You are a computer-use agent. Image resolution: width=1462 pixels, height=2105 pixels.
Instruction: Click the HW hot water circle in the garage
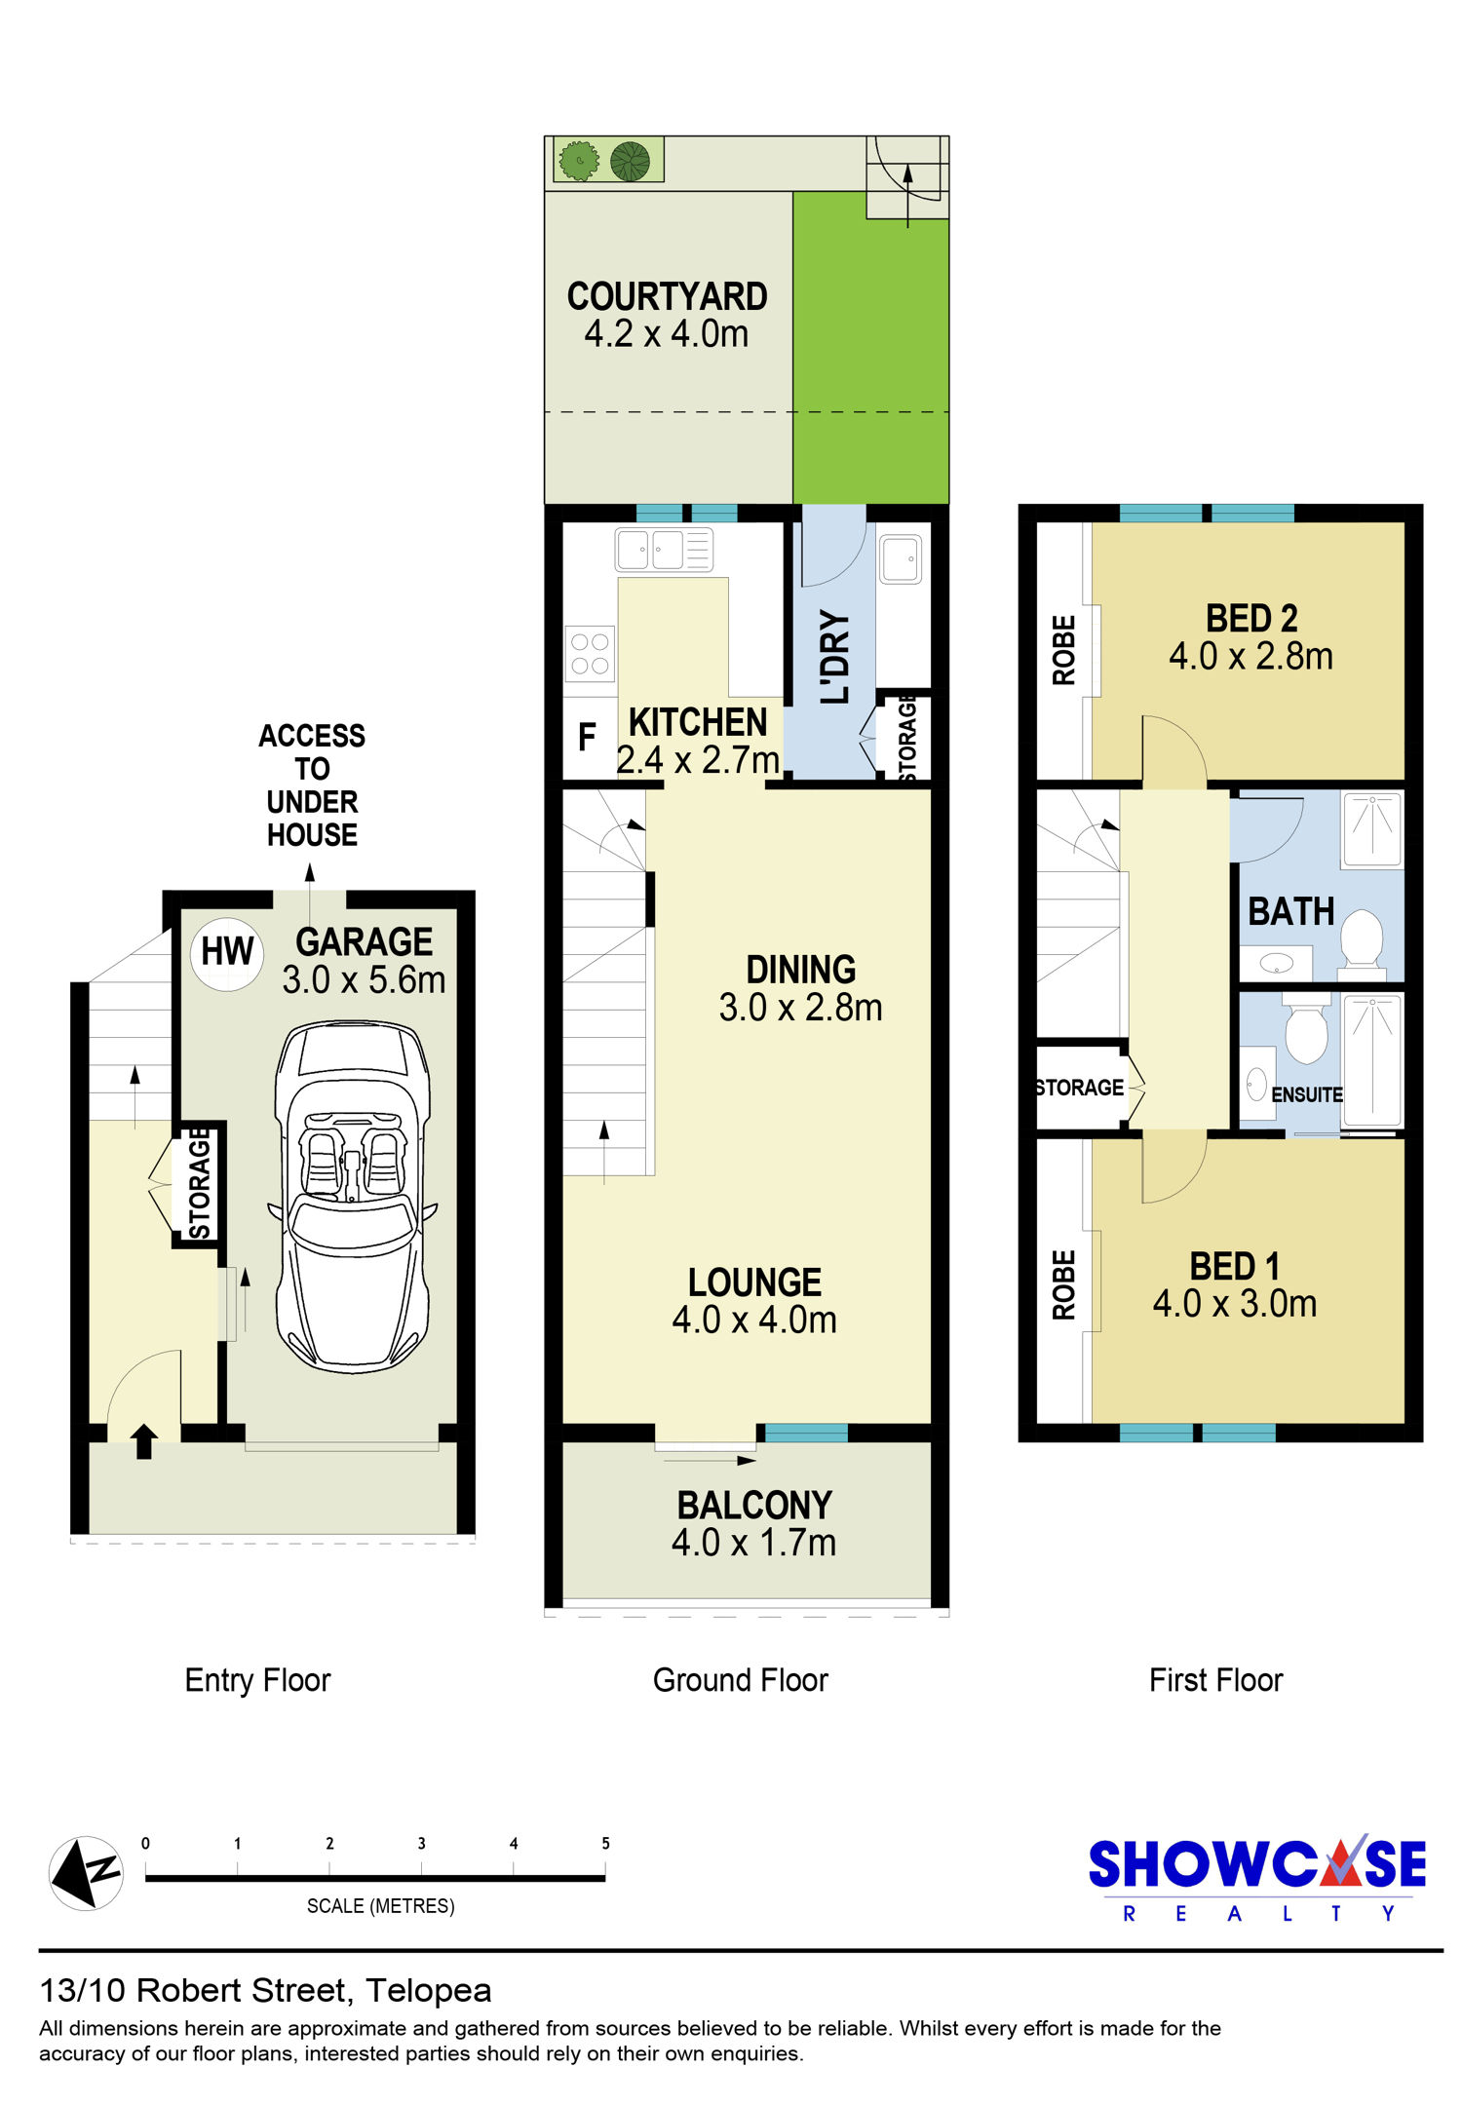227,953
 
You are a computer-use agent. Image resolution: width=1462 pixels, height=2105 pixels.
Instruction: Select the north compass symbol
86,1873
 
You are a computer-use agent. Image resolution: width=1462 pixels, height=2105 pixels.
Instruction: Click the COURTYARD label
668,296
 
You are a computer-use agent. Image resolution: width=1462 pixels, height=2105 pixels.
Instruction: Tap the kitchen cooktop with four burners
590,653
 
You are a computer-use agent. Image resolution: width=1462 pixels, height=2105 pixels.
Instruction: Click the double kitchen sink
664,550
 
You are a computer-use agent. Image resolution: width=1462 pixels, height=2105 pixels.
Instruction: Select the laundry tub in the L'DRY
901,559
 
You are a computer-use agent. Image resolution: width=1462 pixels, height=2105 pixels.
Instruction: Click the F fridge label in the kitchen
587,738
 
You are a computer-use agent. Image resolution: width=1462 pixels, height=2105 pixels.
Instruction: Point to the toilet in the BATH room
1362,942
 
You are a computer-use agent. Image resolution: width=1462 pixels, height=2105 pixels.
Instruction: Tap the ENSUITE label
1307,1094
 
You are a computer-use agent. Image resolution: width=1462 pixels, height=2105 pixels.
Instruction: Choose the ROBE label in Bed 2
1064,650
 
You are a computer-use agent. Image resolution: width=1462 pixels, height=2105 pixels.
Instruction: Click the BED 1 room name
1234,1266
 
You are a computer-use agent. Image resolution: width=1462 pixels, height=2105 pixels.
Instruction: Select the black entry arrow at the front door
144,1441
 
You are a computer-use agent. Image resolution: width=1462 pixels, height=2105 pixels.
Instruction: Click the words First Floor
1215,1681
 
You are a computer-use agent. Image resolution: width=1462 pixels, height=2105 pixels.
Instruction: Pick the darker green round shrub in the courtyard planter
630,161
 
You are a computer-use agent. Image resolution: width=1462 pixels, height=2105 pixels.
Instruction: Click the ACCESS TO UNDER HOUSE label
312,785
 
